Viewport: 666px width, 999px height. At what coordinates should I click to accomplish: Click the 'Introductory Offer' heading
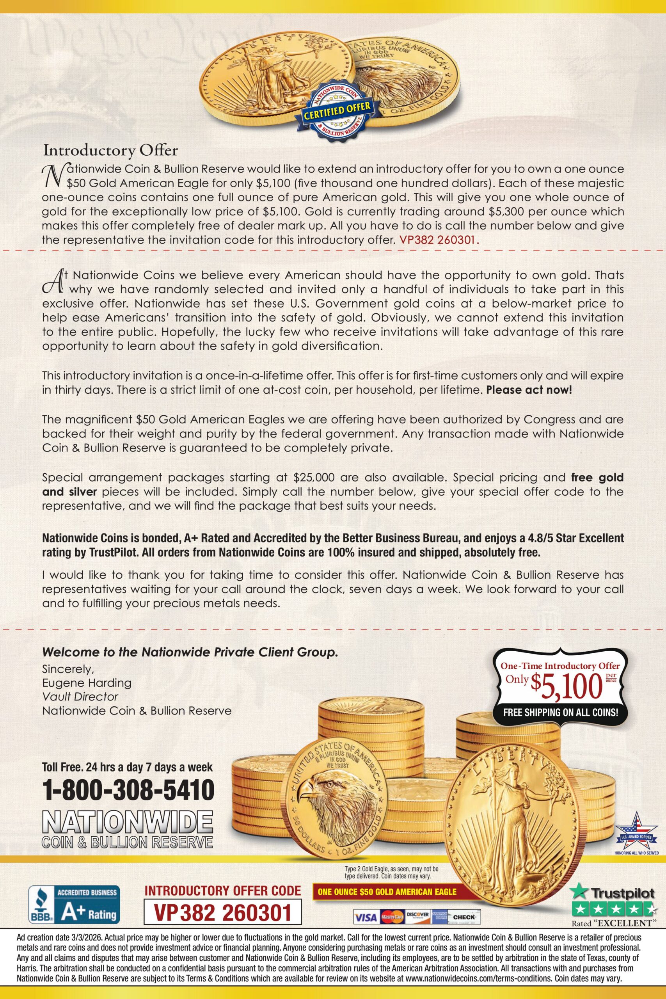pyautogui.click(x=111, y=150)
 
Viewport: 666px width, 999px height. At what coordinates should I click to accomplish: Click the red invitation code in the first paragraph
pyautogui.click(x=439, y=240)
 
